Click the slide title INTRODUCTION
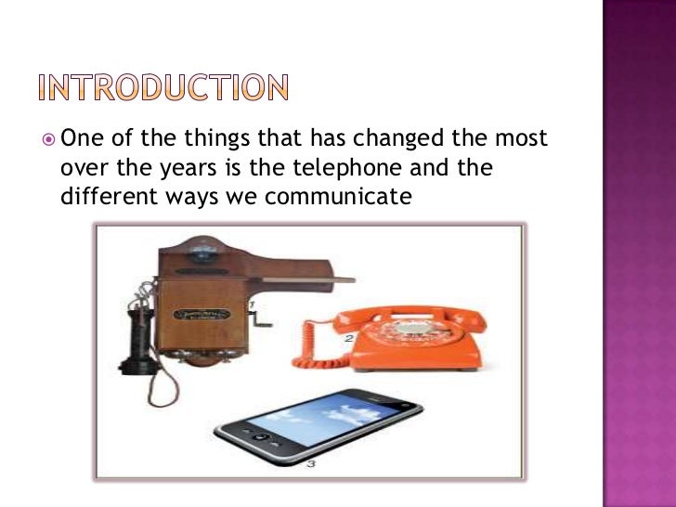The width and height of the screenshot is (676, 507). [x=163, y=87]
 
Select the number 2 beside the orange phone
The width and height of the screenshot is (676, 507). [x=349, y=339]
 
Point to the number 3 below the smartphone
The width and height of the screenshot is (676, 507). [x=312, y=462]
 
